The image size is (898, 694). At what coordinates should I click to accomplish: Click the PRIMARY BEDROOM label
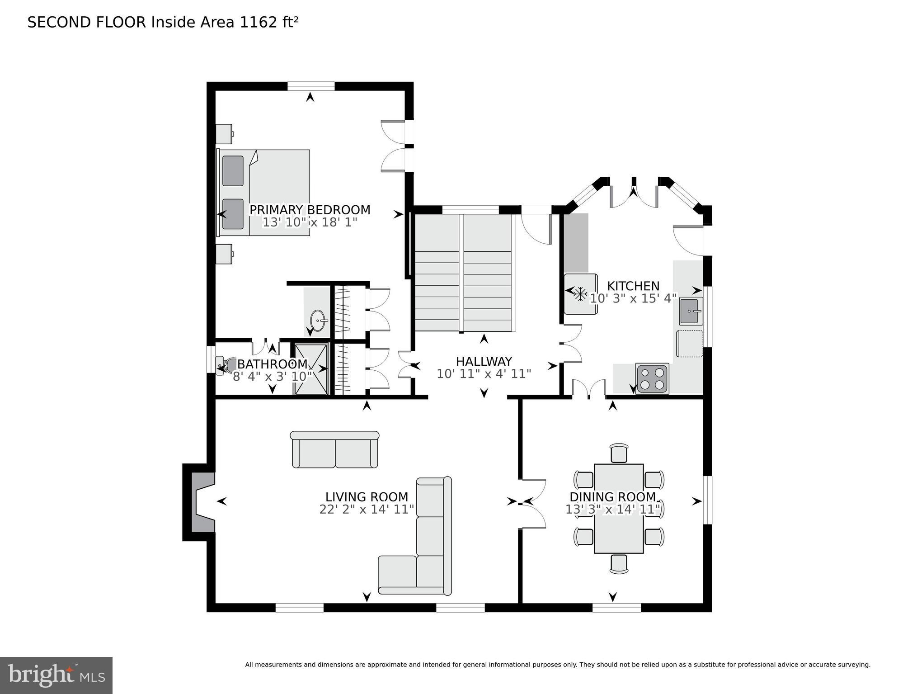(310, 210)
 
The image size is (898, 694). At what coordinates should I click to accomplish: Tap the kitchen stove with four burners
(652, 378)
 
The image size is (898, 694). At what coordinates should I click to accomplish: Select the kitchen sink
(691, 311)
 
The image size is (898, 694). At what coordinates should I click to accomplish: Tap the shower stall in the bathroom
(311, 369)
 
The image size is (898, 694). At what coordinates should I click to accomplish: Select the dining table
(618, 508)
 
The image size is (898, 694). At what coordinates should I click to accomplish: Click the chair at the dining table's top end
(619, 453)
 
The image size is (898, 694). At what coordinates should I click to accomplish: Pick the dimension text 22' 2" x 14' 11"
(367, 510)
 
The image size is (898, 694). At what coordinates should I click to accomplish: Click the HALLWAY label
(484, 362)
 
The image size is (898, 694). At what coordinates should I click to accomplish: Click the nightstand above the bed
(224, 133)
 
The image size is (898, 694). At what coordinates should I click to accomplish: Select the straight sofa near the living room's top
(334, 449)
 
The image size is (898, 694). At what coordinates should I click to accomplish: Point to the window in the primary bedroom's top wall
(311, 86)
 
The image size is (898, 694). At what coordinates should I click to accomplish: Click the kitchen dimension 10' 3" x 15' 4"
(633, 298)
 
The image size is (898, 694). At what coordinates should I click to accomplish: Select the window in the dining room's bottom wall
(616, 608)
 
